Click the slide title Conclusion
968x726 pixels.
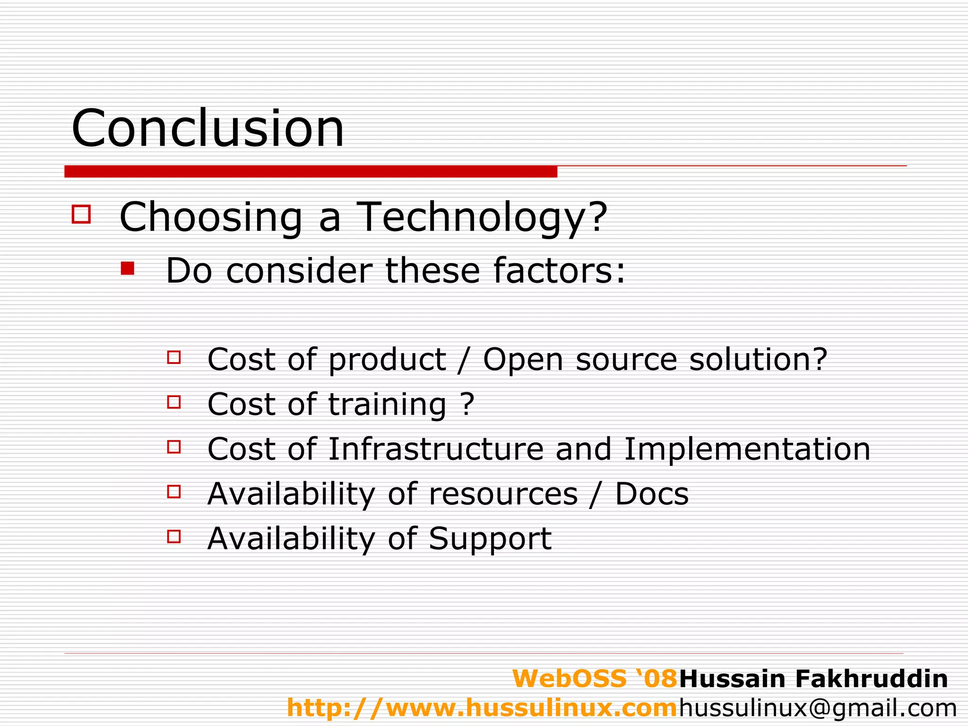(207, 128)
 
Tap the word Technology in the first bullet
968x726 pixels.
(482, 217)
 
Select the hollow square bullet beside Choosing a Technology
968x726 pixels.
(81, 214)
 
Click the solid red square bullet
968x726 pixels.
(128, 268)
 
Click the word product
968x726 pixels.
(387, 360)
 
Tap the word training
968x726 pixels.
(387, 405)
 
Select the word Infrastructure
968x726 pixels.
(436, 449)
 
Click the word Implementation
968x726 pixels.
(747, 449)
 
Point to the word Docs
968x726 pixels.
(652, 494)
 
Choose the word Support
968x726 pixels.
(490, 539)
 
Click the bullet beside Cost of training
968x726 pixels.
(174, 402)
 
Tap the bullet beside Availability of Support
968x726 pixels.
(174, 536)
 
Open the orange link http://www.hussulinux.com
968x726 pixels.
(482, 708)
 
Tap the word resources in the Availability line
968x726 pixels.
(503, 494)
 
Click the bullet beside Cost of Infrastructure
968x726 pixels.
(174, 447)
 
